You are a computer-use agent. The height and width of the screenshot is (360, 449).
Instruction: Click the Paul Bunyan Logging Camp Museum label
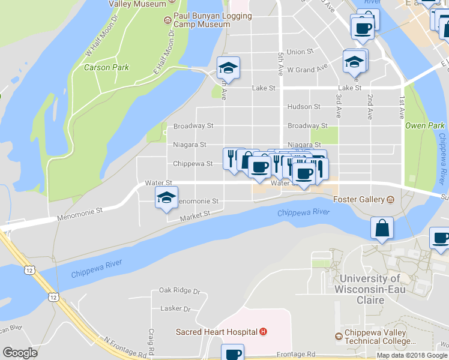point(201,20)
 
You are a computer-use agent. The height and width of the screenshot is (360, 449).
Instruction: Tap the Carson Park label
point(106,67)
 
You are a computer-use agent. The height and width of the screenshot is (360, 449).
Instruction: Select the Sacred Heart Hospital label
point(217,331)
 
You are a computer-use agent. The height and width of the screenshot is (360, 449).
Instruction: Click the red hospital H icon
point(263,331)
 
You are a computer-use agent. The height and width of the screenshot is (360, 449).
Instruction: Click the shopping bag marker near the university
point(382,229)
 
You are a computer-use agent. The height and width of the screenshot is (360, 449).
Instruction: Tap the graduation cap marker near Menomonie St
point(166,197)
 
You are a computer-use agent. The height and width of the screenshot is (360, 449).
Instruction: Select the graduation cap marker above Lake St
point(228,68)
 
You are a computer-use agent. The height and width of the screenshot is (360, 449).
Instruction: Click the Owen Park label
point(424,125)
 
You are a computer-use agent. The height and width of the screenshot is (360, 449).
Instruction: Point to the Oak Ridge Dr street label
point(179,290)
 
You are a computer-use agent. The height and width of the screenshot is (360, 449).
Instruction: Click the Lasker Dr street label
point(175,309)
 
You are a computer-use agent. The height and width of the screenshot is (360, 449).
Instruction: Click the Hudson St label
point(304,107)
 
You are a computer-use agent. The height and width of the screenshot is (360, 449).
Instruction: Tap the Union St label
point(300,52)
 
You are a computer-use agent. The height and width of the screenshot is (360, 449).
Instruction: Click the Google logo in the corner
point(20,353)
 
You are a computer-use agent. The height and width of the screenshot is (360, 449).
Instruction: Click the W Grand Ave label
point(307,70)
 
